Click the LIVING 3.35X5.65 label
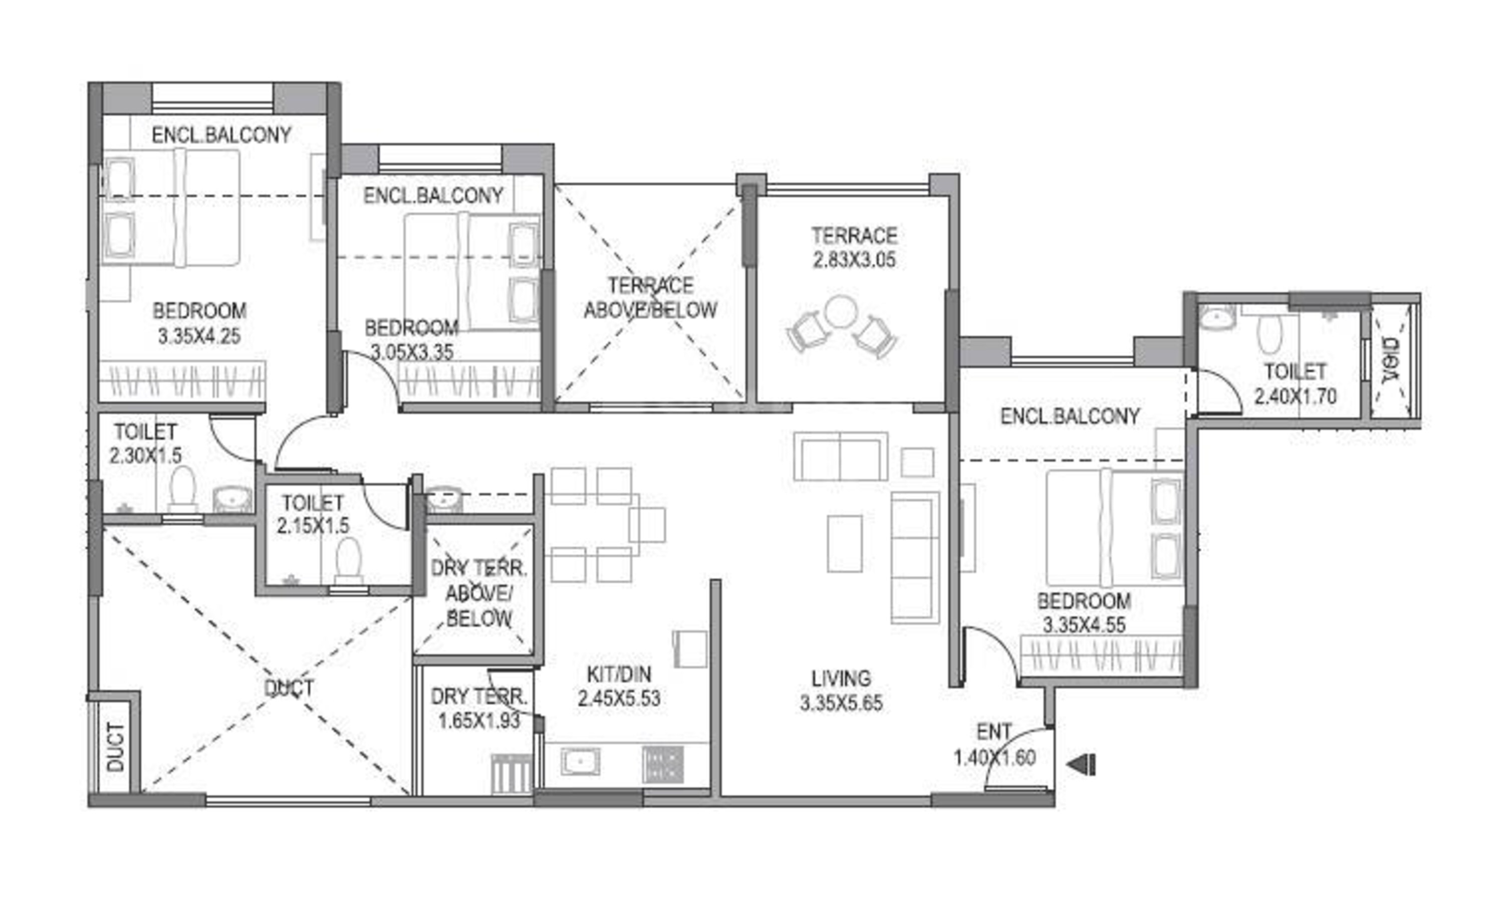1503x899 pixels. (x=841, y=691)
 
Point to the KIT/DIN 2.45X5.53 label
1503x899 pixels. (x=619, y=687)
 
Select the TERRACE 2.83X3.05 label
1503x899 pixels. (x=854, y=247)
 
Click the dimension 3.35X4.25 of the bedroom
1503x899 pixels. (x=199, y=336)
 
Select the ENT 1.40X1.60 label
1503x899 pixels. (x=995, y=745)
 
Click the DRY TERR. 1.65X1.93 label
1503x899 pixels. (x=479, y=709)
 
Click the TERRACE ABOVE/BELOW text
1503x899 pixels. (x=650, y=298)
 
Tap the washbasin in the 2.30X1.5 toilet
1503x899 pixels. (x=232, y=500)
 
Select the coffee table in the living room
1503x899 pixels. (x=845, y=543)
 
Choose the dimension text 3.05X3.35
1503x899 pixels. (x=412, y=352)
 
